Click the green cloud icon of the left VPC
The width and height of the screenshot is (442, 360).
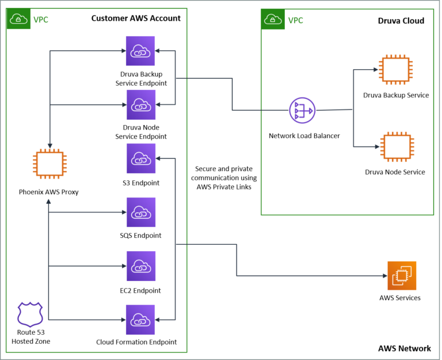click(x=18, y=19)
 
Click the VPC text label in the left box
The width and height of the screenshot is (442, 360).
click(x=41, y=20)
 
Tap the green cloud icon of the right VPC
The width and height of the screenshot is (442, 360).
click(x=273, y=20)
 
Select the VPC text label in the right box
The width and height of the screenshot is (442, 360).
click(x=295, y=21)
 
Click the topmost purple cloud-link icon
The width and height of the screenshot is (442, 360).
click(x=140, y=51)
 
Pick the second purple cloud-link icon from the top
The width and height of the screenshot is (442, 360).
click(x=141, y=104)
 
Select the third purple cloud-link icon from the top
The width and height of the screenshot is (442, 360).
click(x=141, y=158)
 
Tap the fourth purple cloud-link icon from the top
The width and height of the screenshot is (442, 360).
click(x=141, y=212)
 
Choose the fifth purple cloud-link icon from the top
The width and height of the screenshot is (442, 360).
click(x=141, y=266)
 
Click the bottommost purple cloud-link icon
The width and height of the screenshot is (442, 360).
click(x=140, y=320)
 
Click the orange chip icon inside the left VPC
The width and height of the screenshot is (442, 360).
click(x=49, y=164)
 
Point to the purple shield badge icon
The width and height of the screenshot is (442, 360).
click(x=31, y=314)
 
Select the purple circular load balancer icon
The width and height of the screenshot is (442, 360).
click(x=302, y=110)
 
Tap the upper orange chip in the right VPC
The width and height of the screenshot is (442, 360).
click(x=395, y=70)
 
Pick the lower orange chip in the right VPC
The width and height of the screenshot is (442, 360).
click(x=397, y=146)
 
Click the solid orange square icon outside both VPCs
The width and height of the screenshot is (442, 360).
click(x=402, y=275)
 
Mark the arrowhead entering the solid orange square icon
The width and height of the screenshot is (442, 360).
click(x=385, y=275)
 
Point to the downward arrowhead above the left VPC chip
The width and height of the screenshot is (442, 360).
click(x=50, y=146)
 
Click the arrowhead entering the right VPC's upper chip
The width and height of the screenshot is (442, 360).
click(x=375, y=70)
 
